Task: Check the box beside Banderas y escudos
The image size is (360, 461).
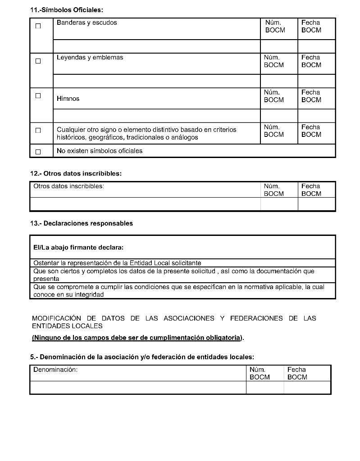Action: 38,26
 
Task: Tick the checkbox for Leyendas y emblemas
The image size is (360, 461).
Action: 38,61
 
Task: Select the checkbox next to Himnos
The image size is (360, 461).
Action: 38,95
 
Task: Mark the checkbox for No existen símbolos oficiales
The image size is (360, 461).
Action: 38,152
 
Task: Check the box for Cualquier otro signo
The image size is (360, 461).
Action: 38,131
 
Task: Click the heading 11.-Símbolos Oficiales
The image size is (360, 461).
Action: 63,9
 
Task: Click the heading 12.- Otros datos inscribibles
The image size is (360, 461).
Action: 76,173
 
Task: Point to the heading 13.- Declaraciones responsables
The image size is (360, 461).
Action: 81,223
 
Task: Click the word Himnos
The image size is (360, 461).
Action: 68,99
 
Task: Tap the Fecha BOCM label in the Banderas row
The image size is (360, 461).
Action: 311,26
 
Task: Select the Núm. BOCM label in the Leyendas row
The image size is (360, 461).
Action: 273,61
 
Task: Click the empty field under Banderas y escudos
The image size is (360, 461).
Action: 156,46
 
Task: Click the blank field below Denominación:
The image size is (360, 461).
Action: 138,387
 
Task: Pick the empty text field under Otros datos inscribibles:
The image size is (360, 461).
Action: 145,204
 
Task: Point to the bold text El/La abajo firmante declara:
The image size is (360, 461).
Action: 78,248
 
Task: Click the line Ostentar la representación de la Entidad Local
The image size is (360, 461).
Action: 117,263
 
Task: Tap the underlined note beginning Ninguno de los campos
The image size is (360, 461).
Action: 137,338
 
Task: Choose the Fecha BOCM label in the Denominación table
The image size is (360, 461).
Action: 297,373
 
